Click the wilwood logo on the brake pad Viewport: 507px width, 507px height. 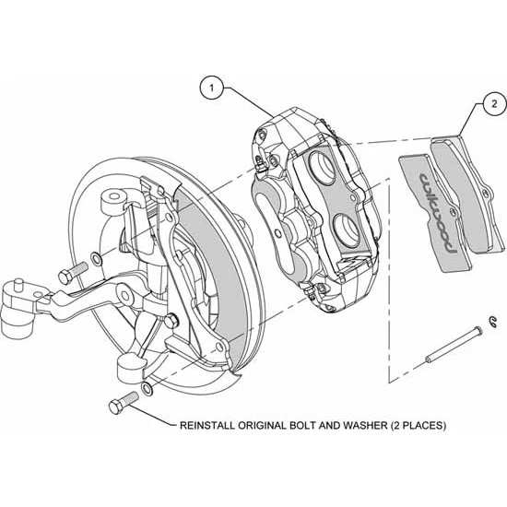coord(437,211)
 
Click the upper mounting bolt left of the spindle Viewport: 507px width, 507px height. coord(68,275)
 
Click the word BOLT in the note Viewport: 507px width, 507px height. coord(303,426)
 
